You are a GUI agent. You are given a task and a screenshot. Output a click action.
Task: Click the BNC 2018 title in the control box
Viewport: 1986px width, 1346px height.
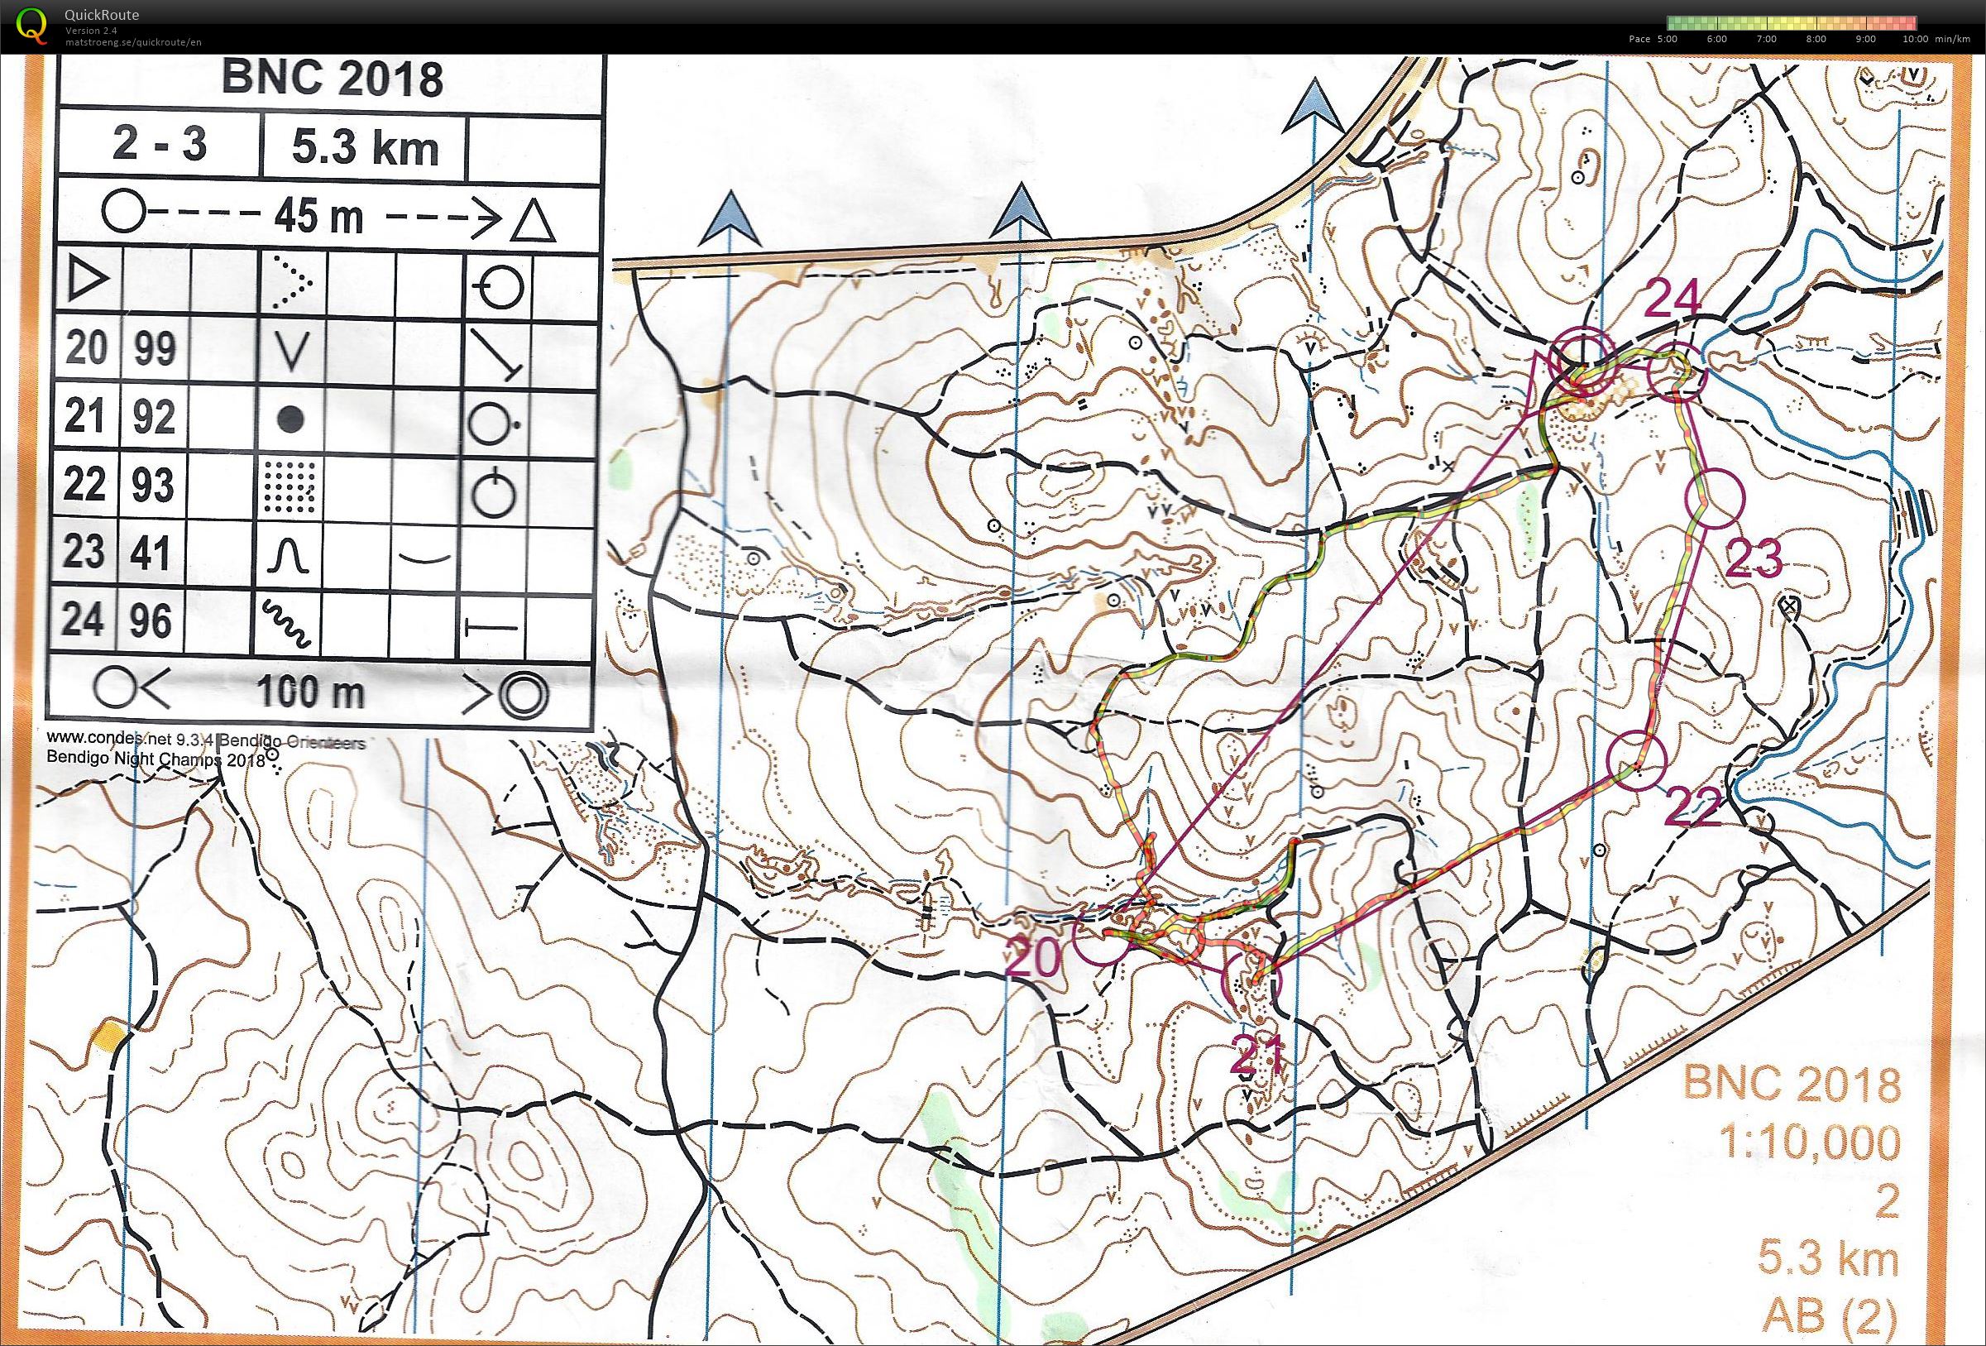click(x=332, y=79)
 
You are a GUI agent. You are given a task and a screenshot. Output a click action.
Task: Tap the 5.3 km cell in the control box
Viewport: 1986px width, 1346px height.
click(x=365, y=149)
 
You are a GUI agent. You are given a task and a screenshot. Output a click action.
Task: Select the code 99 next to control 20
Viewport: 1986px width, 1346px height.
click(x=154, y=347)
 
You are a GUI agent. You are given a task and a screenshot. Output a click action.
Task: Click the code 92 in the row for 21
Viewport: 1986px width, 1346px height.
click(x=154, y=416)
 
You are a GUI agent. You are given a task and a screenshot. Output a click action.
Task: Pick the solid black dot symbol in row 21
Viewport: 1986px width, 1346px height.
click(x=291, y=419)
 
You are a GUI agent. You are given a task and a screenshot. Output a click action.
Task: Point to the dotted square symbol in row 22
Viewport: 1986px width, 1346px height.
click(x=290, y=486)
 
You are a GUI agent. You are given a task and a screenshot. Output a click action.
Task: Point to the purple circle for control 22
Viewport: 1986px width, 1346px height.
click(x=1636, y=761)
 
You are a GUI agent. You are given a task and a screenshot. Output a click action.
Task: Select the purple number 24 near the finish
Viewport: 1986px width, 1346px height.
click(x=1672, y=300)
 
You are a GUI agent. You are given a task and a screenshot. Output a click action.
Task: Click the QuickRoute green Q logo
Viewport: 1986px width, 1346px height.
click(x=32, y=26)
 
